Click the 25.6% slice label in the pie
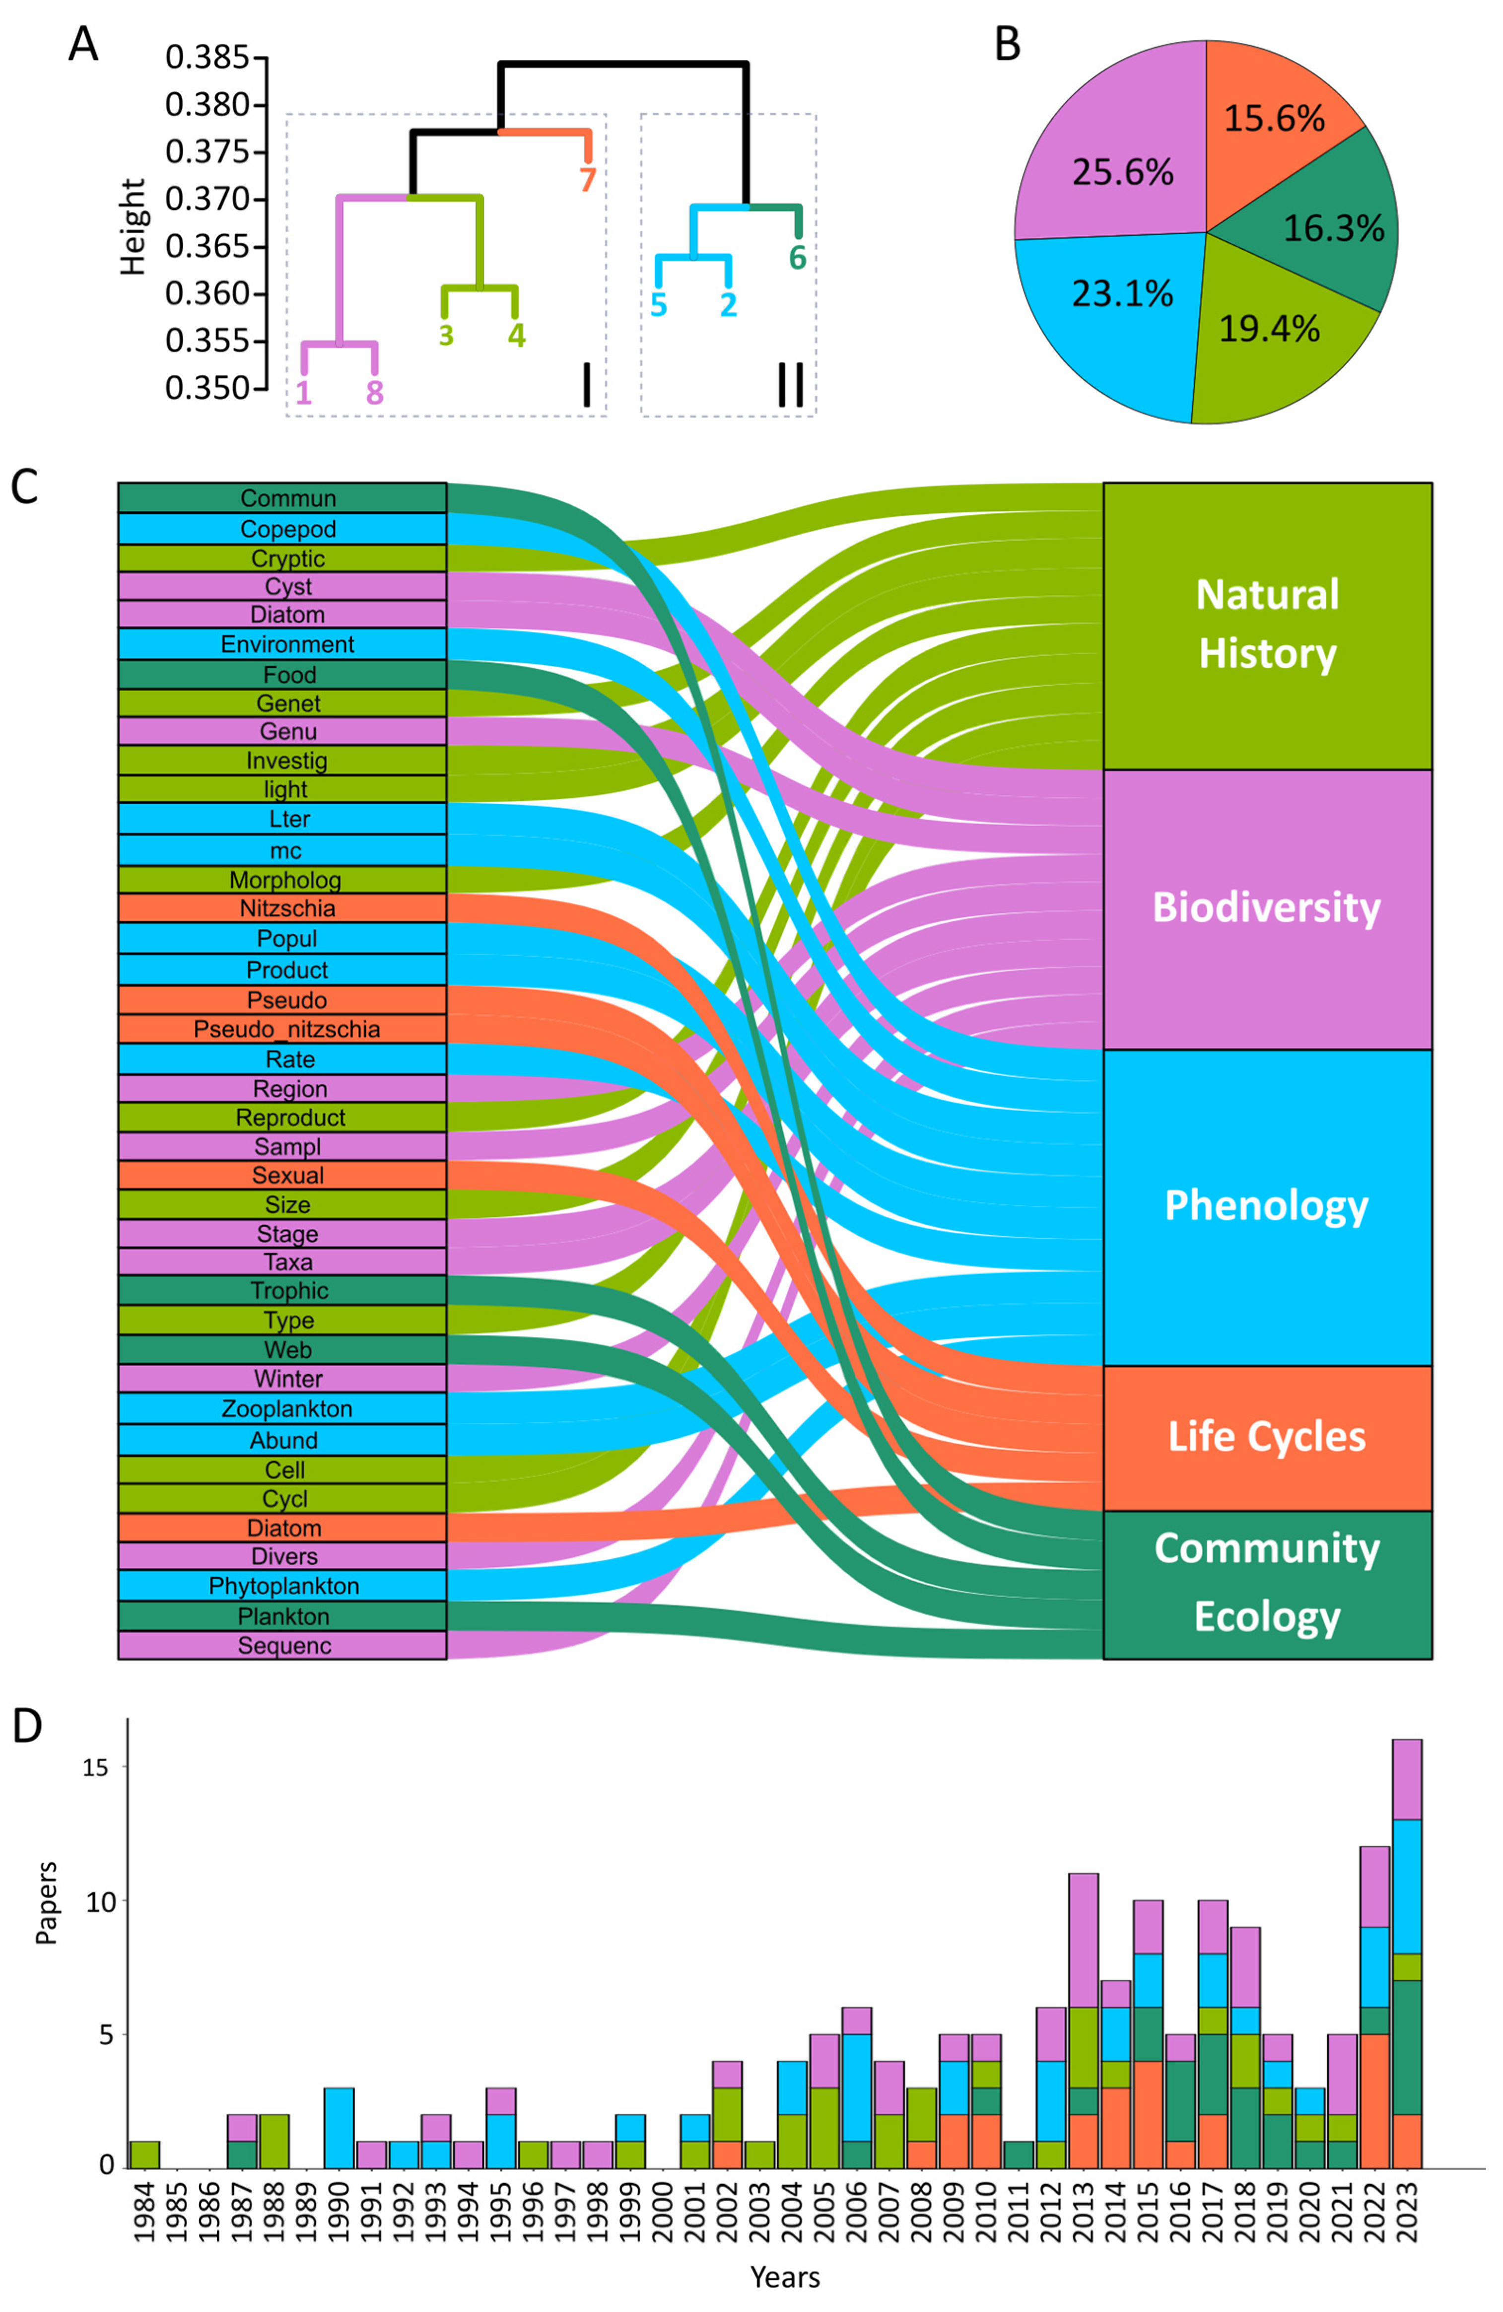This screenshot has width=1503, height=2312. coord(1122,173)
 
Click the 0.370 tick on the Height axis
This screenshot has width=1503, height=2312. coord(208,199)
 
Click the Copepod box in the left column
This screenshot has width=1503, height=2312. coord(282,528)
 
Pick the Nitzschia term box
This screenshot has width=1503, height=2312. coord(282,909)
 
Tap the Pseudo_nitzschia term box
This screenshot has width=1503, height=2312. coord(282,1029)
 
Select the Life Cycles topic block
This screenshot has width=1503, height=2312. coord(1266,1437)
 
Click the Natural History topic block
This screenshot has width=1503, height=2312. coord(1266,625)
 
